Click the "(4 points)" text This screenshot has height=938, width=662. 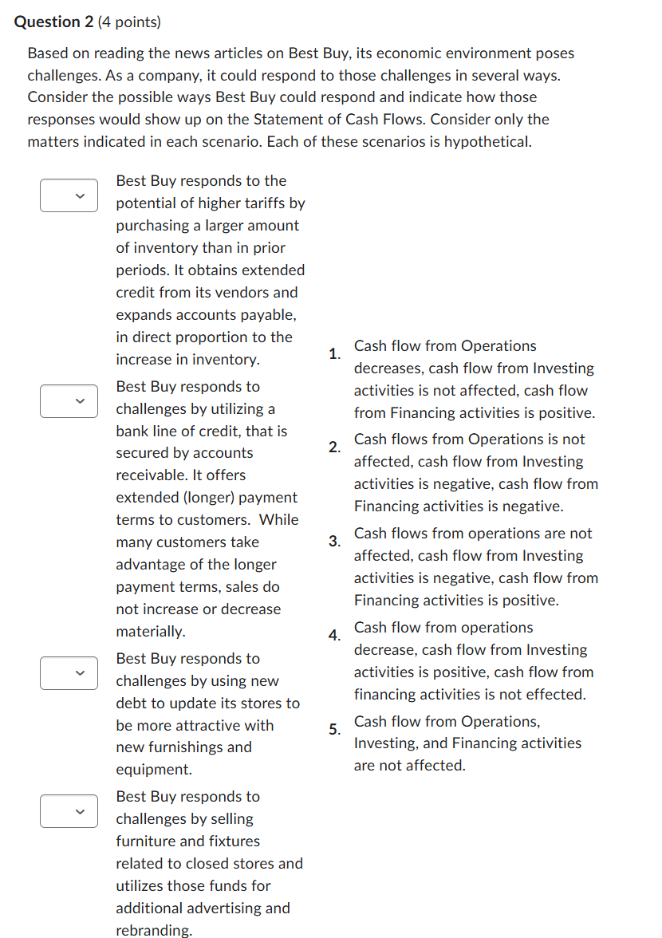pyautogui.click(x=129, y=22)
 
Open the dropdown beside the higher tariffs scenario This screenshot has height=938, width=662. pyautogui.click(x=69, y=195)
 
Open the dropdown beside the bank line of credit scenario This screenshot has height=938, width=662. pyautogui.click(x=69, y=400)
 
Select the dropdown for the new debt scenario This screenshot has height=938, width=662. pyautogui.click(x=69, y=673)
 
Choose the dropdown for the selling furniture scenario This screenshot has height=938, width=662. pyautogui.click(x=69, y=811)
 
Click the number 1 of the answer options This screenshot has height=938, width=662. pyautogui.click(x=333, y=353)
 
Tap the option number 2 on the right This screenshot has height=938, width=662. pyautogui.click(x=333, y=447)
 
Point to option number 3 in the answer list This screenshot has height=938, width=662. pyautogui.click(x=333, y=541)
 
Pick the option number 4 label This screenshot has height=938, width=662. pyautogui.click(x=333, y=635)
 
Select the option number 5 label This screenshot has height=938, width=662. pyautogui.click(x=333, y=729)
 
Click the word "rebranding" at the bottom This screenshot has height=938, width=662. pyautogui.click(x=153, y=930)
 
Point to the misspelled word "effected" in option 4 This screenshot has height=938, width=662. pyautogui.click(x=558, y=695)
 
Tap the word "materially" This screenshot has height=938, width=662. pyautogui.click(x=149, y=632)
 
